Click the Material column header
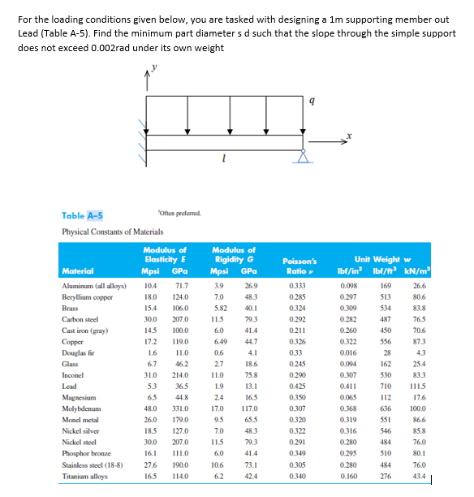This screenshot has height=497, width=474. [x=78, y=271]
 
